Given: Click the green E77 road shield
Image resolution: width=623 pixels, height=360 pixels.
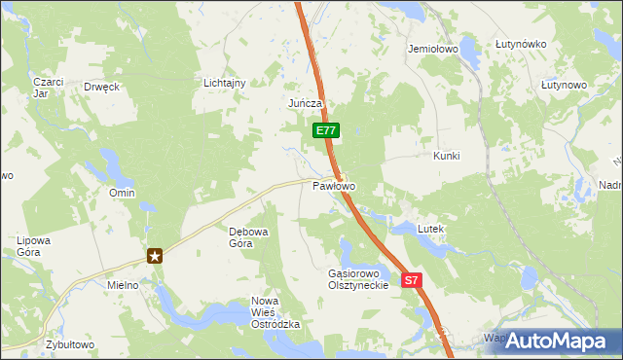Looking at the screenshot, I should (x=325, y=129).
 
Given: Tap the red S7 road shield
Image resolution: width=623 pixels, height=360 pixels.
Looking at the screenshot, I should (x=412, y=280).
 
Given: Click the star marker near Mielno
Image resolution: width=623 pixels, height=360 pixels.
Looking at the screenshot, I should (x=155, y=256).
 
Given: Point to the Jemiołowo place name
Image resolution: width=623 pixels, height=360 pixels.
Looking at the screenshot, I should (x=433, y=48).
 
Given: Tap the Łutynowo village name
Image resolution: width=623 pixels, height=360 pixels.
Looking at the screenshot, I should (x=564, y=86).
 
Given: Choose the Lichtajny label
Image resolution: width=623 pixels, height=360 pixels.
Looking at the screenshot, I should (x=224, y=84).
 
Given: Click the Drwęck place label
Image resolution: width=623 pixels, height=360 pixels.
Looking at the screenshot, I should (x=101, y=87).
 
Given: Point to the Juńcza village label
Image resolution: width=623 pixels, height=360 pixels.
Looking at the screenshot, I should (x=305, y=103).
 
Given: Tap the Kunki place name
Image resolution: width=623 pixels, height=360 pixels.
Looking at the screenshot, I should (x=446, y=156).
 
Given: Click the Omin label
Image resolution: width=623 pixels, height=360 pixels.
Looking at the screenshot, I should (x=122, y=194).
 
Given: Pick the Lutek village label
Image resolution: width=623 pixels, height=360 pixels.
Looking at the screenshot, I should (x=430, y=229).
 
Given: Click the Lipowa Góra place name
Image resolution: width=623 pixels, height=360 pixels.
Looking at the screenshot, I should (x=33, y=245).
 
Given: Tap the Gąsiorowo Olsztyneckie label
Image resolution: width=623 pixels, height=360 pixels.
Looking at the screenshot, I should (x=358, y=279).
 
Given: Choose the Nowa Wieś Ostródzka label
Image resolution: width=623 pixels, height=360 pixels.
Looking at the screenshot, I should (x=275, y=313).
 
